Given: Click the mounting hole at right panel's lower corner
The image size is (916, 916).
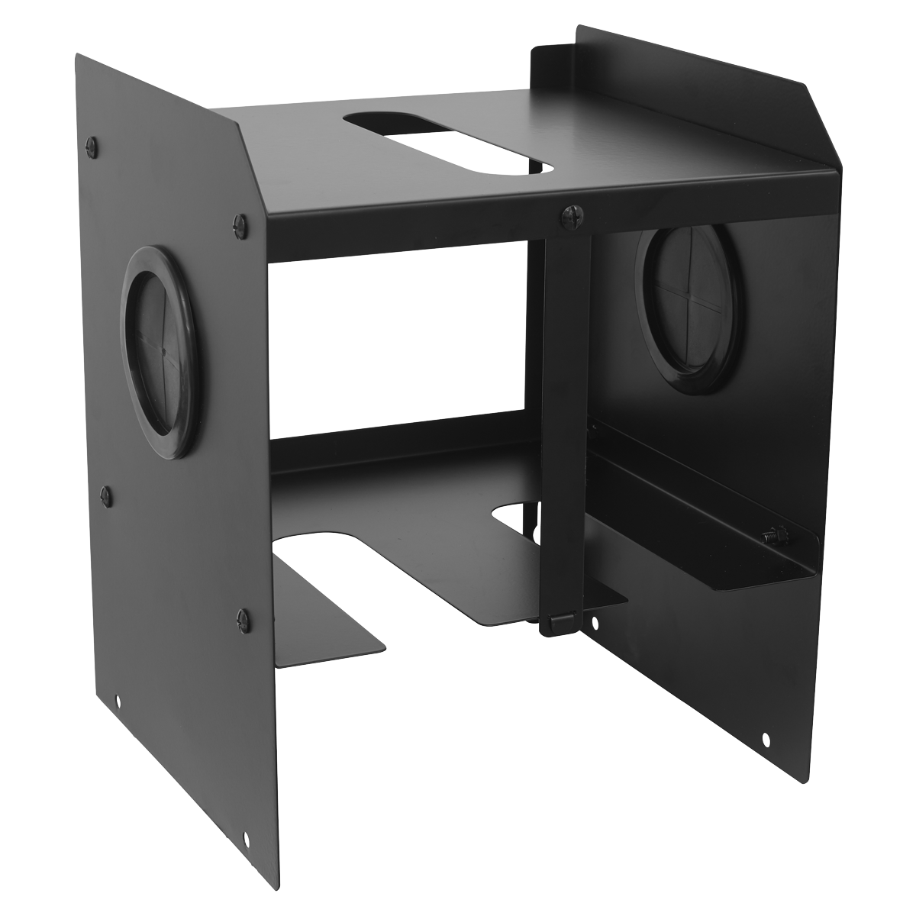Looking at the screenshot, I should (766, 737).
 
